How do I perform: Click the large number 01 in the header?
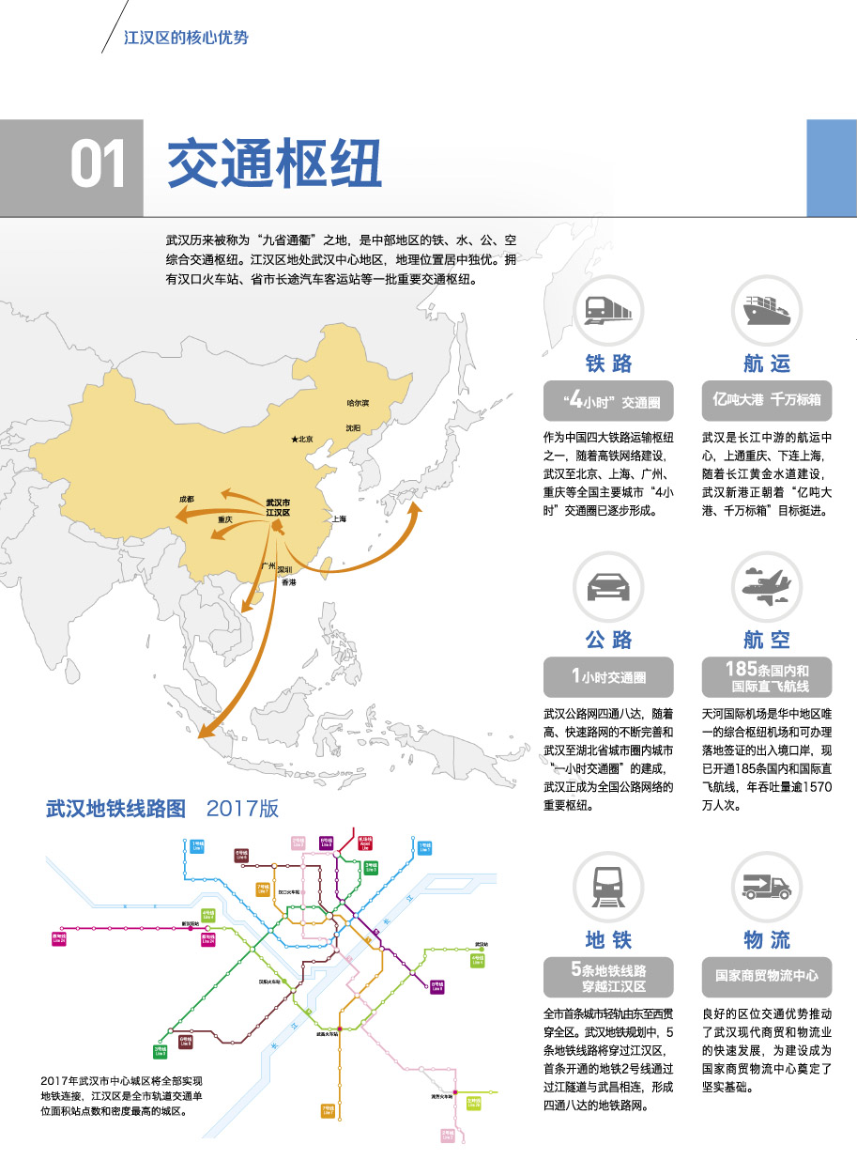(98, 166)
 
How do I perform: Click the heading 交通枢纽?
(274, 165)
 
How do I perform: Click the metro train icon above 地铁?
(608, 885)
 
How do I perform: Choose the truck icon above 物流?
(767, 885)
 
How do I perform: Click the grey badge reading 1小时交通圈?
(608, 676)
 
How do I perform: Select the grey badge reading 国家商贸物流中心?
(767, 976)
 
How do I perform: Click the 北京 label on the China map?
(303, 439)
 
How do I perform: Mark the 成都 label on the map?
(187, 498)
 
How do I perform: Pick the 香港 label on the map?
(289, 583)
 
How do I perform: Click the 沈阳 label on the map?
(353, 428)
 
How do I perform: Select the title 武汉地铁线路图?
(116, 809)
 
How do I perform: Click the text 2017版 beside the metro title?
(242, 809)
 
